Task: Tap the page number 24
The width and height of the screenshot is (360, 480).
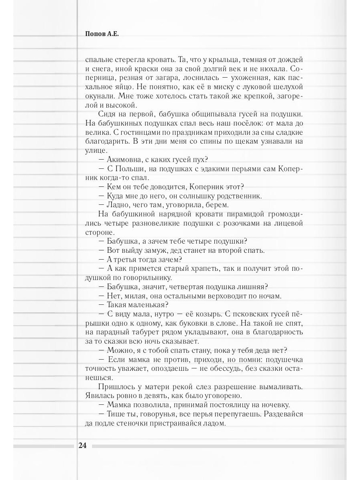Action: pyautogui.click(x=83, y=446)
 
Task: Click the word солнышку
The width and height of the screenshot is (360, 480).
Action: pyautogui.click(x=196, y=196)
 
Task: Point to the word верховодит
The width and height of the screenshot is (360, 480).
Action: pyautogui.click(x=226, y=296)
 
